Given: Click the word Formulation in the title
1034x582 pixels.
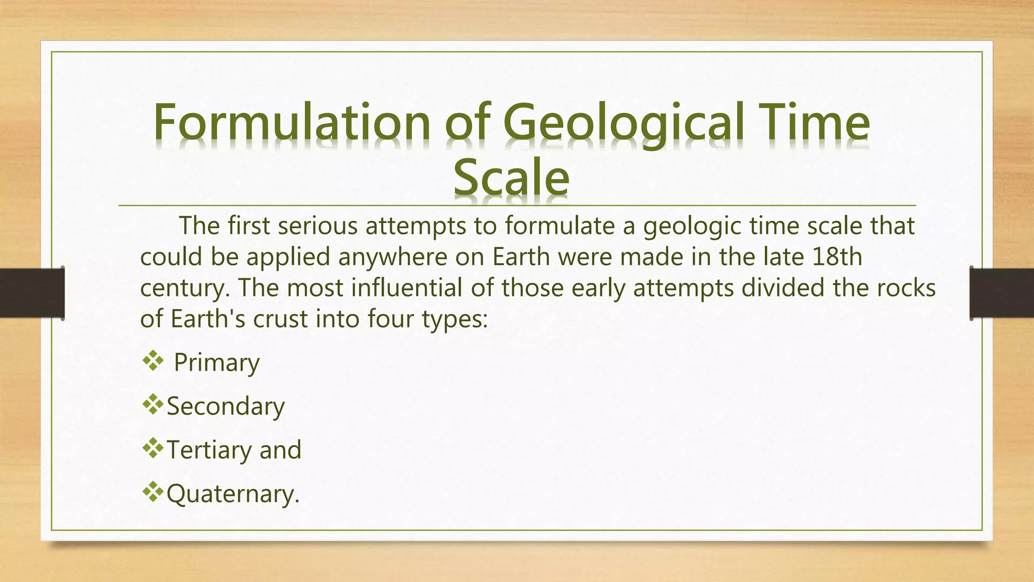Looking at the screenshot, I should (x=291, y=123).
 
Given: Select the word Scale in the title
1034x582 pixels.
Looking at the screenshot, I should (x=511, y=177).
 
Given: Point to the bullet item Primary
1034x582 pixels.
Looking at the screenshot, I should (x=217, y=363).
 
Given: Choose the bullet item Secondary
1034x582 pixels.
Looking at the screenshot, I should (x=226, y=407).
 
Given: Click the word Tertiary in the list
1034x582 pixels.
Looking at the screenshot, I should (x=209, y=450).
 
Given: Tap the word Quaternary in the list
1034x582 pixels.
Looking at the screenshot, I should (x=232, y=494).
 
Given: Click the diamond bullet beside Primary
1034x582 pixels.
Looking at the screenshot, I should (x=153, y=361).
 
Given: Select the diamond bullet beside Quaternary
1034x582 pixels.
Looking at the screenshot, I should (x=153, y=492).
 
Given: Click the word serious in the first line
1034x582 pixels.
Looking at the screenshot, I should (x=318, y=226).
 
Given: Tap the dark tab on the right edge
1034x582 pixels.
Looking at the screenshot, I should (x=1002, y=293).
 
